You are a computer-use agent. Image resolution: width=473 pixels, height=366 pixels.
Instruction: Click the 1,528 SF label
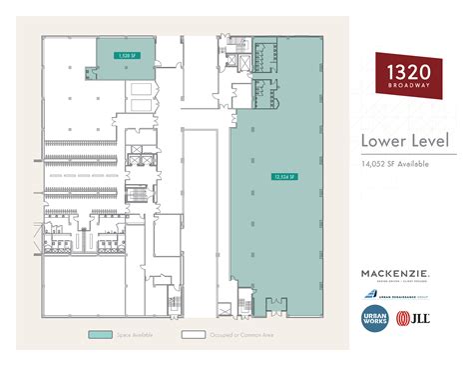tap(126, 56)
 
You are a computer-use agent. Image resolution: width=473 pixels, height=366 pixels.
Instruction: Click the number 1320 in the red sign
tap(410, 72)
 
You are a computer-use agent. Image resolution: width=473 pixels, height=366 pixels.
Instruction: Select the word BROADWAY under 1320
tap(409, 86)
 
